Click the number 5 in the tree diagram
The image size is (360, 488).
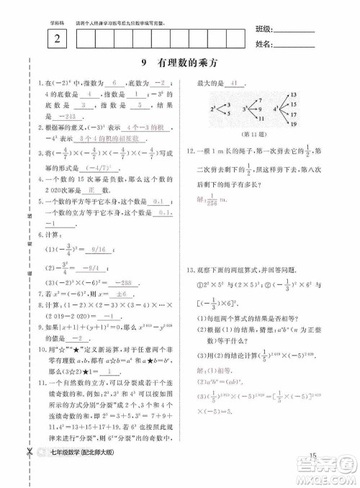pyautogui.click(x=228, y=113)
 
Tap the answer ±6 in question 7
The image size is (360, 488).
pyautogui.click(x=102, y=294)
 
